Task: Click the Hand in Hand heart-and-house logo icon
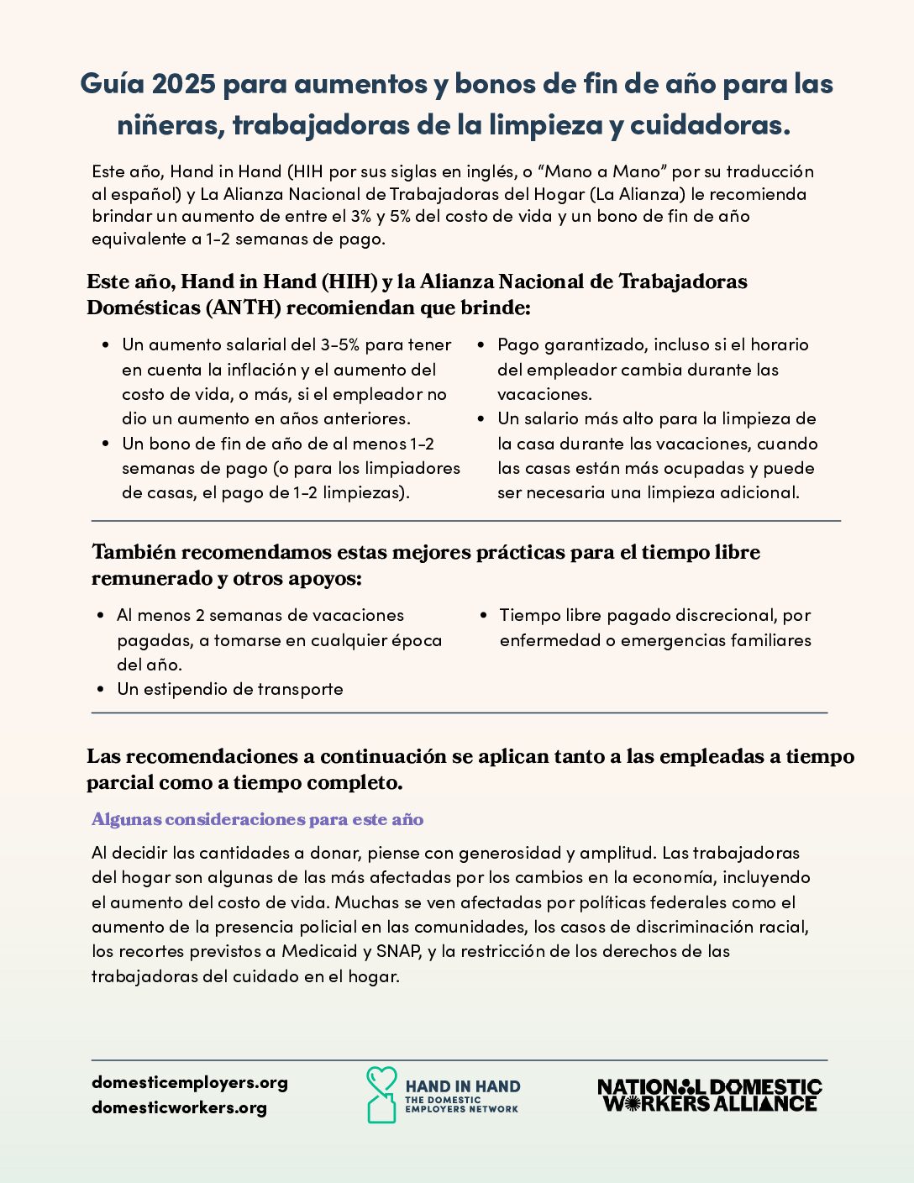[x=381, y=1095]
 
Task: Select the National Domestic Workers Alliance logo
[x=709, y=1096]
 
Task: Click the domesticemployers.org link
[x=190, y=1082]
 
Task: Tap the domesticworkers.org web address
[x=179, y=1107]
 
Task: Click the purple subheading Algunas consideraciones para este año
[x=257, y=819]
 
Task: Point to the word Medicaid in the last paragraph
[x=319, y=951]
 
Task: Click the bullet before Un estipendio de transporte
[x=101, y=690]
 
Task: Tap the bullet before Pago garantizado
[x=481, y=345]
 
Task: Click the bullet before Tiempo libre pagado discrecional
[x=484, y=616]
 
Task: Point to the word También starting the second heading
[x=134, y=552]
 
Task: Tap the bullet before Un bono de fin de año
[x=106, y=444]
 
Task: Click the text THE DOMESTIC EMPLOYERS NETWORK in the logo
[x=461, y=1104]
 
